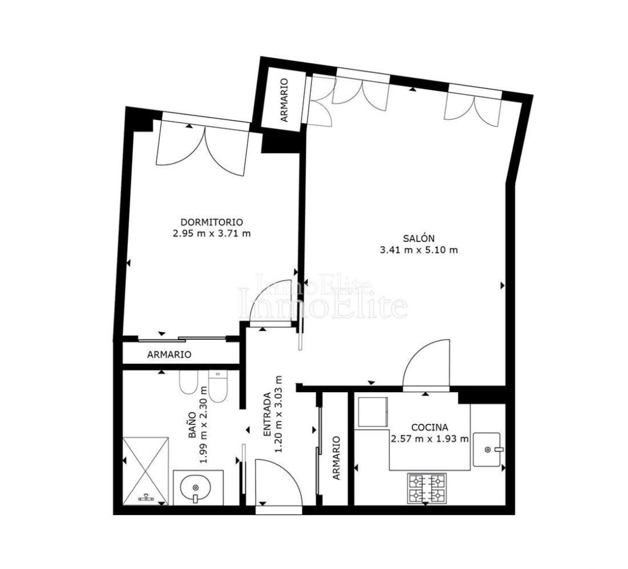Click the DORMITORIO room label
tap(212, 222)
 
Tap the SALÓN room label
tap(419, 238)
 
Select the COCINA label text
tap(430, 427)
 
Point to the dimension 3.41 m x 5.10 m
tap(419, 250)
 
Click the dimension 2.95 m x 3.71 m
tap(212, 234)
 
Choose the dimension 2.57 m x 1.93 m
tap(430, 439)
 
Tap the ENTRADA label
tap(267, 414)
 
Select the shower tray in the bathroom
tap(146, 471)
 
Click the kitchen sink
tap(487, 450)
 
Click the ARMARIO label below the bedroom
tap(169, 355)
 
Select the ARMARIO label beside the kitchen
tap(336, 457)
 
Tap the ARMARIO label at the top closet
tap(285, 100)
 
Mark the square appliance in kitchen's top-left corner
tap(373, 412)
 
